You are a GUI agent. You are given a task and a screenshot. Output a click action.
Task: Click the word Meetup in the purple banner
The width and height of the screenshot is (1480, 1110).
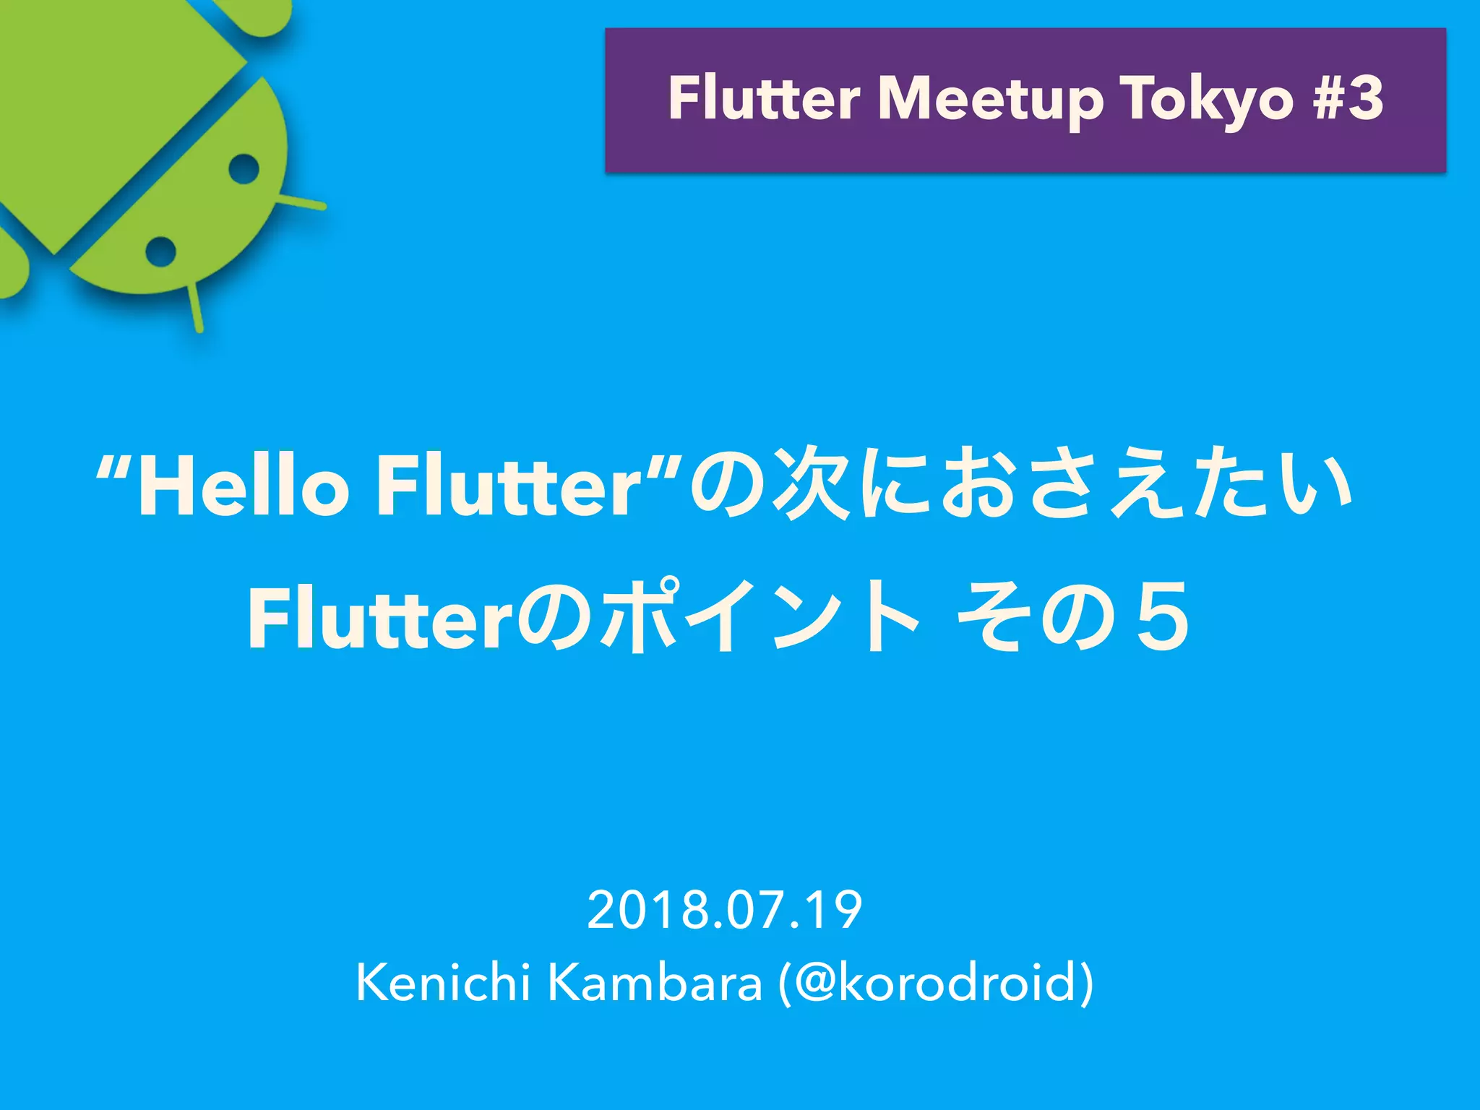coord(990,100)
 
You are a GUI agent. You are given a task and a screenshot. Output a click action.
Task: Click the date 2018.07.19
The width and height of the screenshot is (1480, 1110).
coord(725,910)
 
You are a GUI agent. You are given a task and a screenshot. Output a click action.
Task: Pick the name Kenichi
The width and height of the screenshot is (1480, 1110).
coord(443,983)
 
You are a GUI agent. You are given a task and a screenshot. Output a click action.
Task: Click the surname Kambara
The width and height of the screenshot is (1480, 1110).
coord(655,983)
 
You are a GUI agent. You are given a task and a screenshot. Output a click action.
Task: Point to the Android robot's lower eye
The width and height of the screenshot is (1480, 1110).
coord(160,251)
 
